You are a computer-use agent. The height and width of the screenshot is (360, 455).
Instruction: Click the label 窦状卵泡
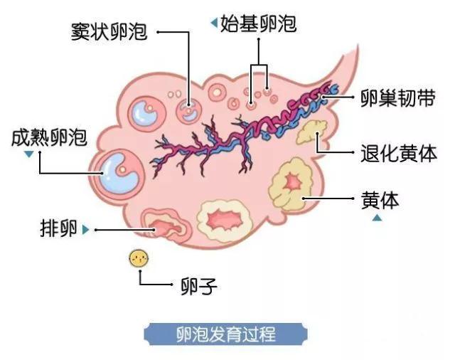tap(109, 31)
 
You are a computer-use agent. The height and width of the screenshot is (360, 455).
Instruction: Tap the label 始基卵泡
tap(258, 23)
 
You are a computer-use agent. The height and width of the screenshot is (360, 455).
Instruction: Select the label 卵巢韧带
tap(398, 98)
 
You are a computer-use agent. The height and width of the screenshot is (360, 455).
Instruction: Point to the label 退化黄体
tap(398, 153)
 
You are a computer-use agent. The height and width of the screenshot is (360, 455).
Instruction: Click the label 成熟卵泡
tap(49, 137)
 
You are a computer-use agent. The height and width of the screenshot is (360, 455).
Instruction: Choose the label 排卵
tap(58, 228)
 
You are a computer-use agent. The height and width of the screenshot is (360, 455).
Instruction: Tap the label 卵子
tap(199, 286)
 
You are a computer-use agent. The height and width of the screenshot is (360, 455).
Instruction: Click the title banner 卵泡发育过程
tap(226, 334)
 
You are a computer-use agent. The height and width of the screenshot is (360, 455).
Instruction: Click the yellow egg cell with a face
tap(139, 258)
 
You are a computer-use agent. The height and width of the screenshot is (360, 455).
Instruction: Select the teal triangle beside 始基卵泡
tap(214, 23)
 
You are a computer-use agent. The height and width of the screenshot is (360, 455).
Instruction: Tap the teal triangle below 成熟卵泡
tap(28, 154)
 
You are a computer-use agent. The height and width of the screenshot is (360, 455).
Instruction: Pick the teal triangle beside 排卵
tap(85, 230)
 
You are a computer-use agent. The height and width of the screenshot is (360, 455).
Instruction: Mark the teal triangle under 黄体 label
tap(377, 218)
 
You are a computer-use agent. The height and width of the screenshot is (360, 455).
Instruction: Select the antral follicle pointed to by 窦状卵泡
tap(188, 110)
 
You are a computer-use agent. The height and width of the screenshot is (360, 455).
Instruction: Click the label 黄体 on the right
tap(380, 200)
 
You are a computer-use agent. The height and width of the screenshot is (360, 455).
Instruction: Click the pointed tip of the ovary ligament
tap(357, 46)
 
